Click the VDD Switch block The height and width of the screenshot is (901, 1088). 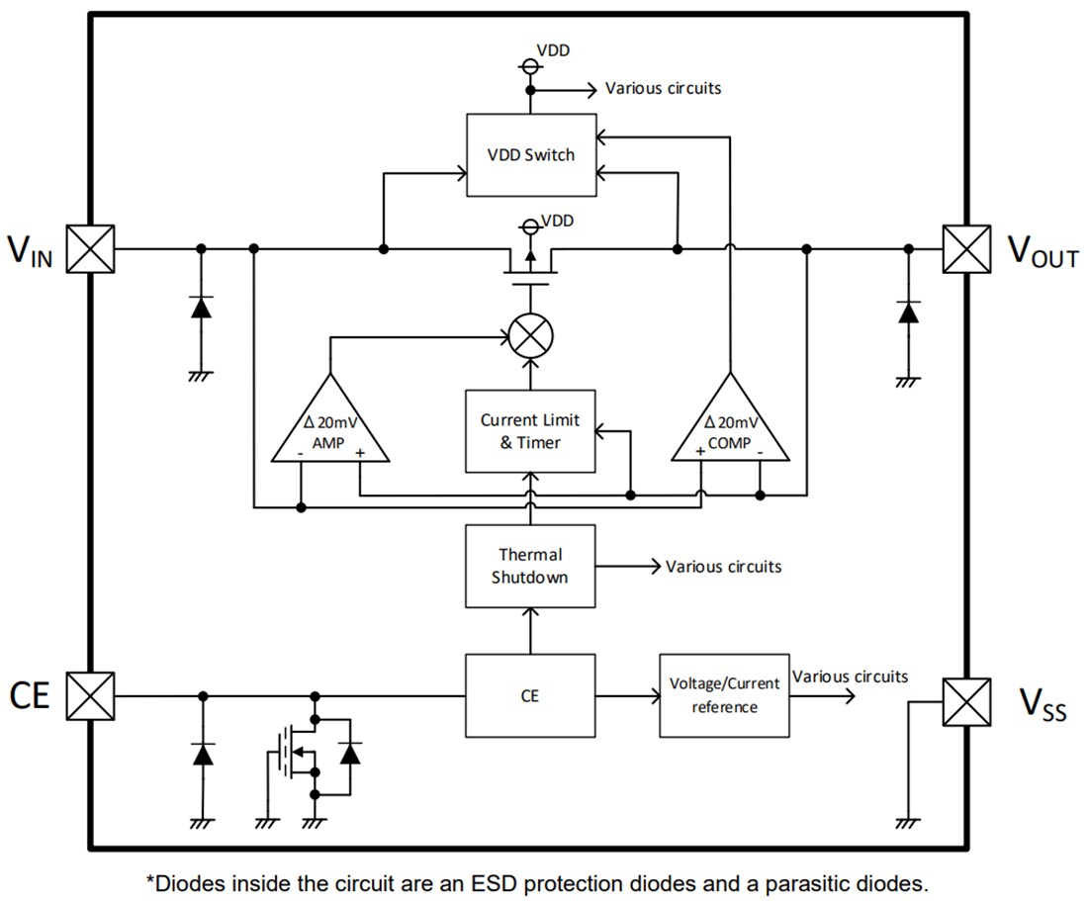[x=531, y=154]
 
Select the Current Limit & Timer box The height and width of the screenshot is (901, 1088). [x=530, y=431]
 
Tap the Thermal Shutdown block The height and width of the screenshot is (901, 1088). [x=530, y=566]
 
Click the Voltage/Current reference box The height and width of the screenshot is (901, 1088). [x=724, y=695]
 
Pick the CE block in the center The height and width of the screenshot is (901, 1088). [x=530, y=695]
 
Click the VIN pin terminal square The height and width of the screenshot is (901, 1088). [x=91, y=248]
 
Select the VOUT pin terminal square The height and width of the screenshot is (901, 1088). [x=965, y=248]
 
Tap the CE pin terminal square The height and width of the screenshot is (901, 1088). [x=91, y=695]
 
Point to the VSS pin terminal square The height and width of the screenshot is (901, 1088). [x=965, y=702]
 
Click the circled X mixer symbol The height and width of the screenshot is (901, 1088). [x=531, y=336]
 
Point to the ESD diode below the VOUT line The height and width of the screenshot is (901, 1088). [x=906, y=313]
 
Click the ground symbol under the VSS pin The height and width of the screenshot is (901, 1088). [x=906, y=821]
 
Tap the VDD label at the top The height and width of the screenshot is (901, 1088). [x=553, y=48]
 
